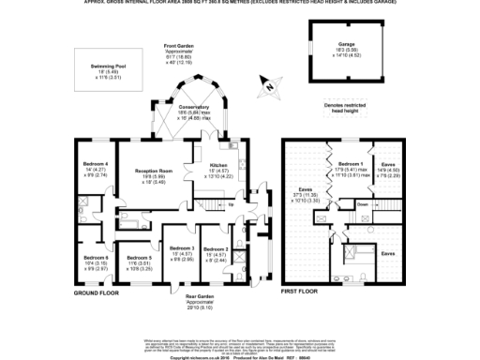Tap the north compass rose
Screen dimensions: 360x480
click(269, 87)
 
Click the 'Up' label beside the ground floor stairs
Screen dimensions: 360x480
click(231, 203)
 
